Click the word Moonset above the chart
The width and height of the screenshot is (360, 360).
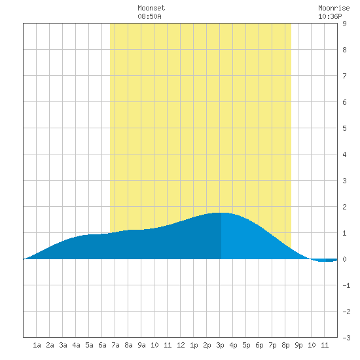tap(151, 8)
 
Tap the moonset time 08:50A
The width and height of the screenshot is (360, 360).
tap(149, 16)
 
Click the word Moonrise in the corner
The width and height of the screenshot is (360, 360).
tap(334, 8)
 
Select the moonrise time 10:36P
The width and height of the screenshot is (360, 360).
tap(330, 16)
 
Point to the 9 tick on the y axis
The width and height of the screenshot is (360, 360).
tap(344, 24)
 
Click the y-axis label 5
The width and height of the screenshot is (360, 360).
tap(344, 128)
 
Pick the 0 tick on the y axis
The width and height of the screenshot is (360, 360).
tap(344, 259)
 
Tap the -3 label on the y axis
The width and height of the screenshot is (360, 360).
tap(346, 338)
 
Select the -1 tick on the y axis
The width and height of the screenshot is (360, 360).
tap(346, 285)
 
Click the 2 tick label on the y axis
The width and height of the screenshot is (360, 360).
tap(344, 207)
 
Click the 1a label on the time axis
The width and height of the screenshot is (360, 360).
tap(37, 345)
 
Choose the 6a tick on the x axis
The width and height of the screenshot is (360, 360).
tap(102, 345)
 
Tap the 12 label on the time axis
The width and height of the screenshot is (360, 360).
tap(181, 345)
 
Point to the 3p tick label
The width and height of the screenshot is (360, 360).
tap(220, 345)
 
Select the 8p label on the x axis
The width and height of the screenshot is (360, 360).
tap(285, 345)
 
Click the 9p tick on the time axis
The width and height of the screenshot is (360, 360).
tap(298, 345)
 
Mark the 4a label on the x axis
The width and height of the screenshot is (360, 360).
tap(76, 345)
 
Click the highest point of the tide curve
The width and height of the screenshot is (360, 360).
tap(221, 213)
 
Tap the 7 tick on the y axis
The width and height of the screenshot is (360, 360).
tap(344, 76)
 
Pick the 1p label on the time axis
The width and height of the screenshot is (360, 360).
tap(194, 345)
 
